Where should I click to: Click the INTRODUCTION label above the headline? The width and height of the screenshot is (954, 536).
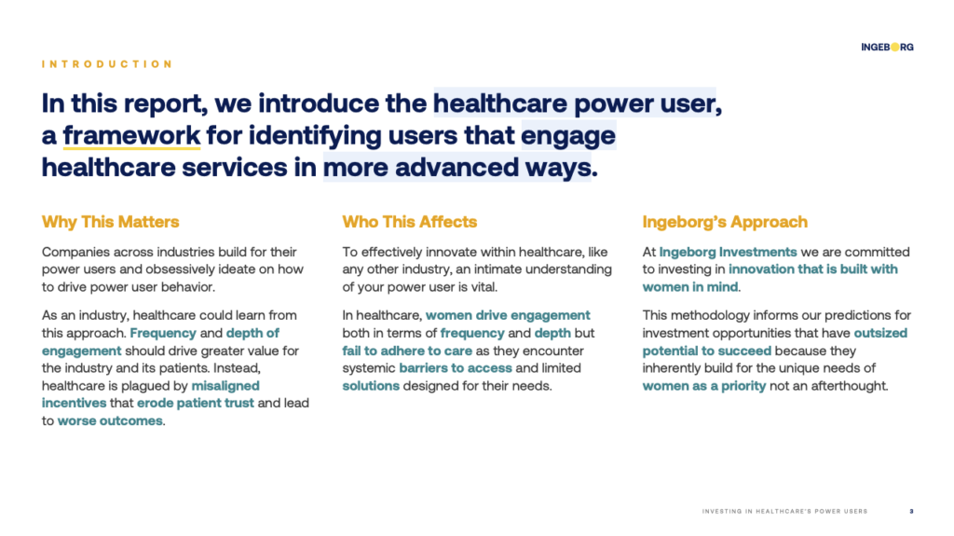click(107, 64)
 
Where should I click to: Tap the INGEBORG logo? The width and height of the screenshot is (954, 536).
click(887, 47)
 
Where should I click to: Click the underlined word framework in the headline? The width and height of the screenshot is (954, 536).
click(131, 135)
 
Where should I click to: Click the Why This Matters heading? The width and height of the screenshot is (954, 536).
click(110, 222)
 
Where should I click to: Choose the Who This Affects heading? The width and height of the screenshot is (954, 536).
click(410, 222)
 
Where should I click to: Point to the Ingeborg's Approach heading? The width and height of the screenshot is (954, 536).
click(725, 222)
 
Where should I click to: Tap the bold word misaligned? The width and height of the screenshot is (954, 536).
click(225, 386)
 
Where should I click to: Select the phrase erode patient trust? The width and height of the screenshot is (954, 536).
click(196, 404)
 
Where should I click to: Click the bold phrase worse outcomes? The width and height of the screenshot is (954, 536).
click(110, 421)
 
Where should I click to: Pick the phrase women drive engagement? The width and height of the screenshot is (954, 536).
click(508, 315)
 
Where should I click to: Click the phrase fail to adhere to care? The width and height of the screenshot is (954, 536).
click(407, 350)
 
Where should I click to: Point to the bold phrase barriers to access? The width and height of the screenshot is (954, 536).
click(456, 368)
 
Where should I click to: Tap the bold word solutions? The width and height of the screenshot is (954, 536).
click(371, 386)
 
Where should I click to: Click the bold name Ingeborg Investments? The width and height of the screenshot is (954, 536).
click(728, 253)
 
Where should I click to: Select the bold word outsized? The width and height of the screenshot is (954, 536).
click(880, 333)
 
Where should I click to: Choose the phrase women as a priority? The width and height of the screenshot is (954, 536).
click(704, 386)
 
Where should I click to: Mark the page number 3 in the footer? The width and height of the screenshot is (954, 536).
click(911, 512)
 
